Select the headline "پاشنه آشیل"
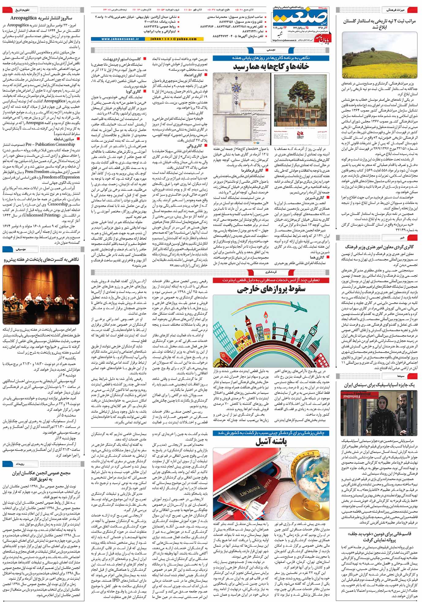[271, 442]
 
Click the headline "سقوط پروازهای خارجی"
[271, 289]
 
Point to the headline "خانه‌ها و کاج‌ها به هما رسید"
[271, 66]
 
